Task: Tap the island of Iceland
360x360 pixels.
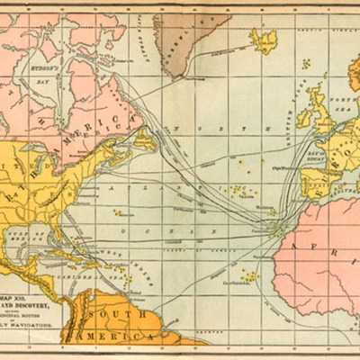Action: [265, 39]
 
